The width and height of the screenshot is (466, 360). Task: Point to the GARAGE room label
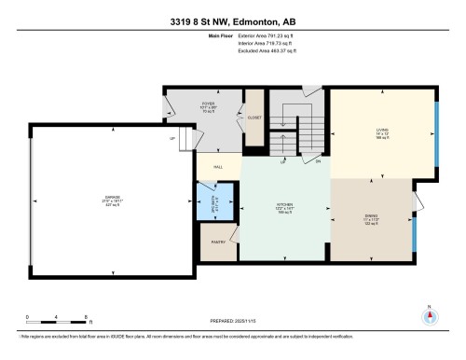[112, 199]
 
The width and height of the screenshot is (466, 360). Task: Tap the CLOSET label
[254, 118]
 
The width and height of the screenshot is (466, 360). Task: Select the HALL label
[218, 166]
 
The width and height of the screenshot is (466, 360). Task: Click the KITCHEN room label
[285, 208]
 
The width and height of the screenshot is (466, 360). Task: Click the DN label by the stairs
[317, 161]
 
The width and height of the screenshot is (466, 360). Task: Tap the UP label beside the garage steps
[171, 140]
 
